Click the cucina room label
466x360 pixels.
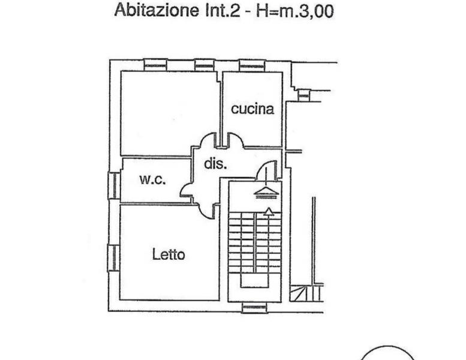252,109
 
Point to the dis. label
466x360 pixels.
215,163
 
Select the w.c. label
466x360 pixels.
153,179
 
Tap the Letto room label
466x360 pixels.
169,254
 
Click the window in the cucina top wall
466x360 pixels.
252,65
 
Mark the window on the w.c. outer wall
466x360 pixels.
113,185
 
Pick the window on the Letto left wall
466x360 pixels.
113,257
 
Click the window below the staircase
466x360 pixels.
254,308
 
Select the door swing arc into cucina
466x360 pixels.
235,139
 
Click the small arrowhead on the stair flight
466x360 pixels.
269,211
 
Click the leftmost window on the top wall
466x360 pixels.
155,65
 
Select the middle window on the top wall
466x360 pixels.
205,65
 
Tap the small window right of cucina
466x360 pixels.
304,95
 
